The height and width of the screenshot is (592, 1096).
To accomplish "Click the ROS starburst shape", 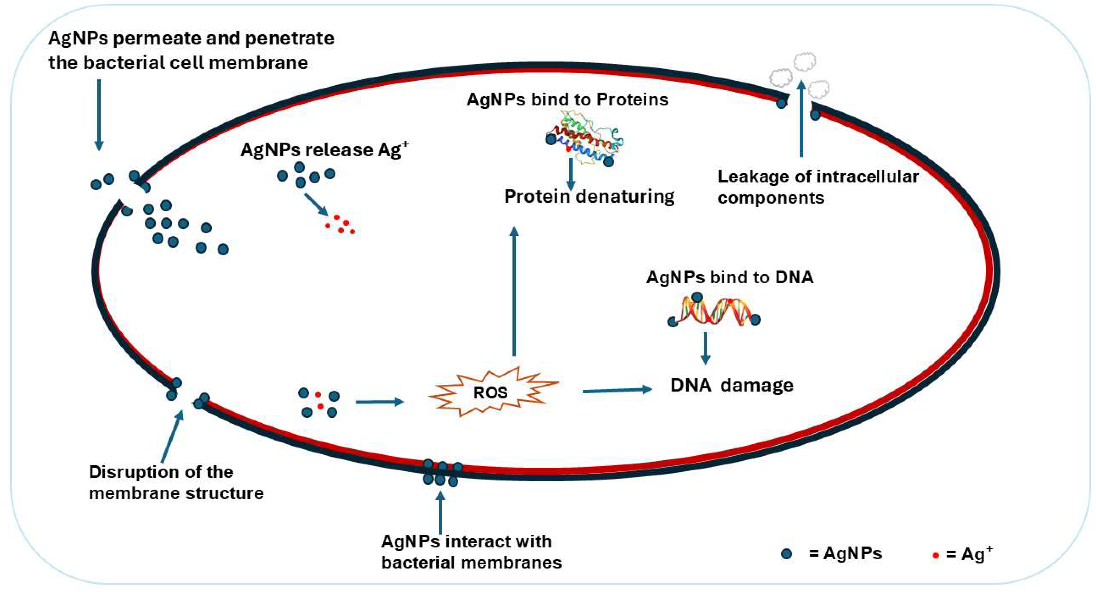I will pos(493,392).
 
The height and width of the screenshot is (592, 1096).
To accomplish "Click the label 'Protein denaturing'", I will pos(589,197).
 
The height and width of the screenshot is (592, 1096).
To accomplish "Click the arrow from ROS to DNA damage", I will pos(617,390).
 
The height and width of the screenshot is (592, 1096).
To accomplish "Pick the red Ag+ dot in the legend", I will pos(935,556).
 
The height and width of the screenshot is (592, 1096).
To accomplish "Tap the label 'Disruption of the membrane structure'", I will pos(176,483).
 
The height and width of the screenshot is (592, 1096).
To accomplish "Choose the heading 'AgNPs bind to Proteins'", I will pos(567,100).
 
